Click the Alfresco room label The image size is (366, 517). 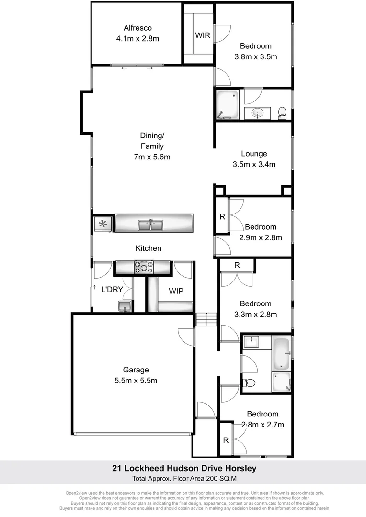(x=137, y=28)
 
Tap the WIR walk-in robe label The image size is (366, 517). (x=202, y=36)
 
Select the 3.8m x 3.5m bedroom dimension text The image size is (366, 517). (x=256, y=56)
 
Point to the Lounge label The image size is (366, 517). (x=253, y=154)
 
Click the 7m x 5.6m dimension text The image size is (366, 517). (x=151, y=157)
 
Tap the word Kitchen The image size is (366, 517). (x=149, y=248)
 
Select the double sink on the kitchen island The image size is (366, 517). (x=151, y=224)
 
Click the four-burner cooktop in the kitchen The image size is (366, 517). (x=143, y=267)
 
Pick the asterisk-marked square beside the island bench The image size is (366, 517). (x=103, y=223)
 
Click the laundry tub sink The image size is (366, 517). (x=125, y=306)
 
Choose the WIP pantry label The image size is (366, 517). (x=176, y=291)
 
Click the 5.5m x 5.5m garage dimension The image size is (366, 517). (x=136, y=381)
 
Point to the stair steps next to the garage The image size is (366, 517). (x=206, y=319)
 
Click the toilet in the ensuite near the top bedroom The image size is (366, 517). (x=282, y=112)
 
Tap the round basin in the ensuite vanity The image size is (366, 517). (x=258, y=113)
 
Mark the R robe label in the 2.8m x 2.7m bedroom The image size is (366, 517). (x=225, y=440)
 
